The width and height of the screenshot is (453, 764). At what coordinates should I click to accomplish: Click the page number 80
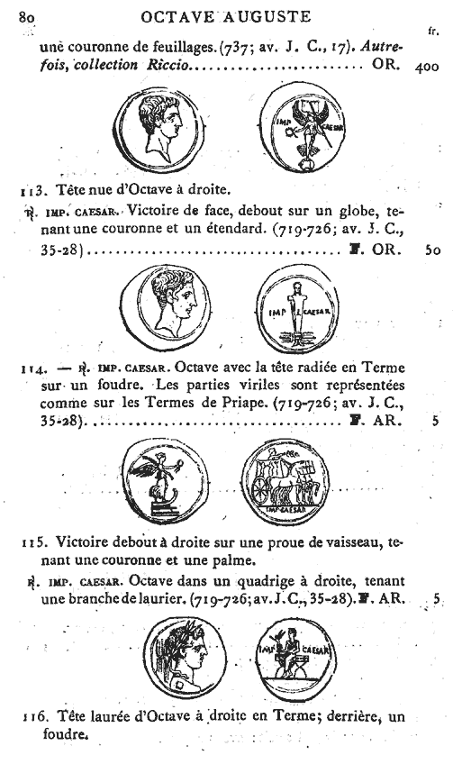(x=24, y=14)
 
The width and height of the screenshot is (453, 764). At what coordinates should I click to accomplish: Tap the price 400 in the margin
(x=430, y=67)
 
